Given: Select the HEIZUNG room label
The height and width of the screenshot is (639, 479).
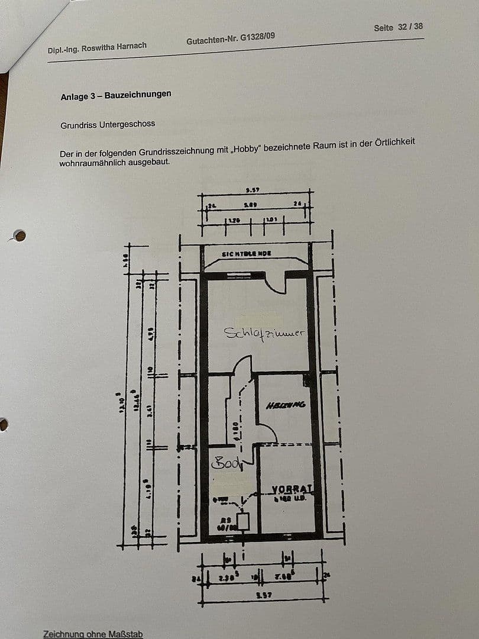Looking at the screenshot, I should (x=286, y=405).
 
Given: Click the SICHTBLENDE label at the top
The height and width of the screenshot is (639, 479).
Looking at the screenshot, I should (x=246, y=254).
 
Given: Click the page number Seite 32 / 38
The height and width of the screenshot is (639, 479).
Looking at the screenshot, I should (x=398, y=27).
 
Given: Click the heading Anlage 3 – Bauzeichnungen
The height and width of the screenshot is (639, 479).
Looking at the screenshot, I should (x=116, y=95).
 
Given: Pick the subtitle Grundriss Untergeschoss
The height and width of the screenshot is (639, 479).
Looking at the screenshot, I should (x=108, y=125).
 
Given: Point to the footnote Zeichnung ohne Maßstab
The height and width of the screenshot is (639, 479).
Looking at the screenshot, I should (x=93, y=634).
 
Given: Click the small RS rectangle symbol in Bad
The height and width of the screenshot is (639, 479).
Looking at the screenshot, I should (x=242, y=521).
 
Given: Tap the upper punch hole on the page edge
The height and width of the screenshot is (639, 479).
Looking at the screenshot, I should (x=20, y=236).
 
